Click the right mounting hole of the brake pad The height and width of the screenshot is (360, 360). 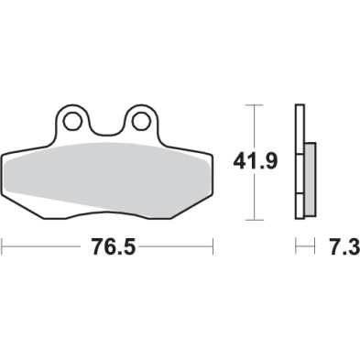point(140,119)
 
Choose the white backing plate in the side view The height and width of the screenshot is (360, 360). point(298,165)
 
